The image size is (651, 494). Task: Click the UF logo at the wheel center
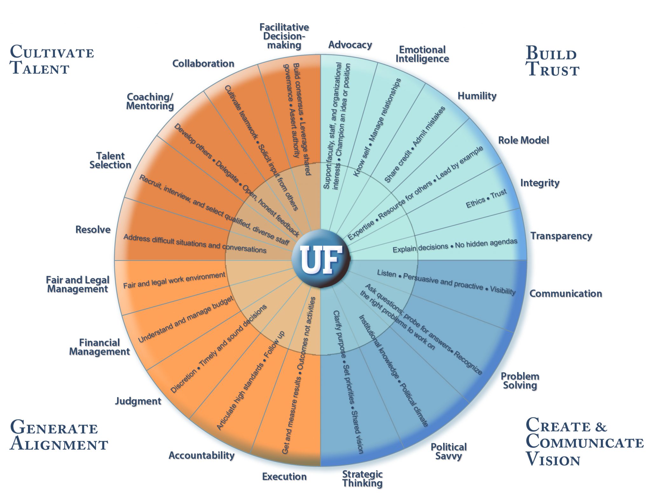(321, 260)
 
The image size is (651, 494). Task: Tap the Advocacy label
(350, 45)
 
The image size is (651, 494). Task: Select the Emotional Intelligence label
(422, 54)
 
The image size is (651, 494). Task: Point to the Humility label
(477, 96)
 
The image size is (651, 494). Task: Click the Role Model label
(523, 140)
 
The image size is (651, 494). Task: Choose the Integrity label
(540, 183)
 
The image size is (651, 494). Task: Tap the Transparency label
(561, 236)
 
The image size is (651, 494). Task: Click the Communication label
(565, 293)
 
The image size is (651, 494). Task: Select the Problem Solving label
(520, 381)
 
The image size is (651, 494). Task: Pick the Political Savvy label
(449, 451)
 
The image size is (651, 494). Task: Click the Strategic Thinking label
(362, 479)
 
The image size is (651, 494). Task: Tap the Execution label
(284, 477)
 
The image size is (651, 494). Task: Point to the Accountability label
(202, 455)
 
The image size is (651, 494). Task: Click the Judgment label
(138, 401)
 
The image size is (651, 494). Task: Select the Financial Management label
(99, 347)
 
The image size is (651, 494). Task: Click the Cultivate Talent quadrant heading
(51, 60)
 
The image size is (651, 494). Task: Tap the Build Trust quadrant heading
(552, 61)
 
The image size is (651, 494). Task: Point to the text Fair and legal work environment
(174, 280)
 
